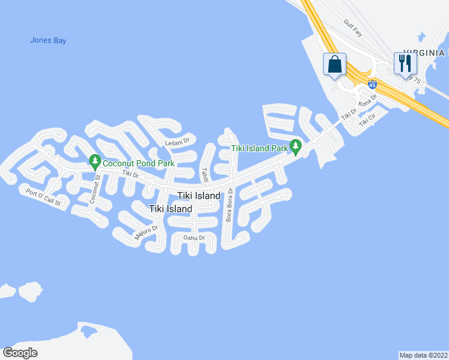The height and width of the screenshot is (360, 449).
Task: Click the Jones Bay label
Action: tap(48, 41)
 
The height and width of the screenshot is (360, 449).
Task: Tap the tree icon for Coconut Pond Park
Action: tap(94, 161)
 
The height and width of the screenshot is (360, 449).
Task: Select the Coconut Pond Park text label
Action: tap(138, 163)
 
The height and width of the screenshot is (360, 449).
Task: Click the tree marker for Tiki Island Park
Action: tap(295, 146)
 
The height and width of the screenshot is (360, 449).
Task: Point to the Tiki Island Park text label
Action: tap(260, 148)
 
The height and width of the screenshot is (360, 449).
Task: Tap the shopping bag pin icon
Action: tap(334, 65)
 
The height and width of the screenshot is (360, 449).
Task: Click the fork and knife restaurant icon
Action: tap(404, 62)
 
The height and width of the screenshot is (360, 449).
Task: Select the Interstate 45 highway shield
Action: tap(372, 85)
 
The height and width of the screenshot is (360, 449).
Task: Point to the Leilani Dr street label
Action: tap(177, 142)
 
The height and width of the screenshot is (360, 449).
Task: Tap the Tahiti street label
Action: tap(205, 175)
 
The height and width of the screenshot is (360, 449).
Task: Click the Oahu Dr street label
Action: tap(194, 238)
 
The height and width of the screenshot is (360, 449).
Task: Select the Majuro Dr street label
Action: tap(146, 233)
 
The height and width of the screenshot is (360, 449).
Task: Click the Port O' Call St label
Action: tap(43, 197)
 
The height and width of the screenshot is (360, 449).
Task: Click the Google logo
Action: tap(20, 353)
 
